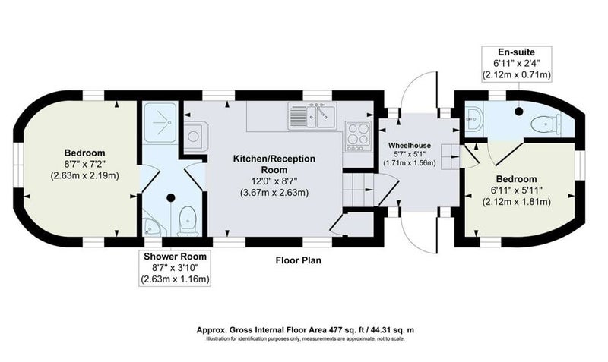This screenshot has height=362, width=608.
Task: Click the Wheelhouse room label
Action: pyautogui.click(x=410, y=146)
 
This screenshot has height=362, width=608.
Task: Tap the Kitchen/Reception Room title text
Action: pyautogui.click(x=274, y=164)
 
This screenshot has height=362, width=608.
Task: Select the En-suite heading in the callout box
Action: pyautogui.click(x=516, y=52)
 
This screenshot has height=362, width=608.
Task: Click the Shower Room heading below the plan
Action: pyautogui.click(x=175, y=257)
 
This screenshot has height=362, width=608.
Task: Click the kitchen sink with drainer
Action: pyautogui.click(x=312, y=116)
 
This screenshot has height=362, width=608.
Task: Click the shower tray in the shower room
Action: pyautogui.click(x=160, y=122)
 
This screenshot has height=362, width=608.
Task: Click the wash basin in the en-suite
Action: pyautogui.click(x=473, y=120)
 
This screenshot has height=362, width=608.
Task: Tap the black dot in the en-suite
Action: pyautogui.click(x=519, y=111)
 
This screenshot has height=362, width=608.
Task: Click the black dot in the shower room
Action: pyautogui.click(x=170, y=198)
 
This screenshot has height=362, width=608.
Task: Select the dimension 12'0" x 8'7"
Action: pyautogui.click(x=274, y=181)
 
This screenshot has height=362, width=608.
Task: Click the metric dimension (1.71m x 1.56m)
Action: pyautogui.click(x=410, y=163)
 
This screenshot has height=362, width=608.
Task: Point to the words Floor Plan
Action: pyautogui.click(x=298, y=260)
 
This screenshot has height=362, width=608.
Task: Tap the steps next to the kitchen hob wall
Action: pyautogui.click(x=357, y=190)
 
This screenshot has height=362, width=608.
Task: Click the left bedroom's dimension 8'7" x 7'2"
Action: pyautogui.click(x=84, y=164)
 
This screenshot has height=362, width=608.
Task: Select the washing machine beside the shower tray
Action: pyautogui.click(x=194, y=136)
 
